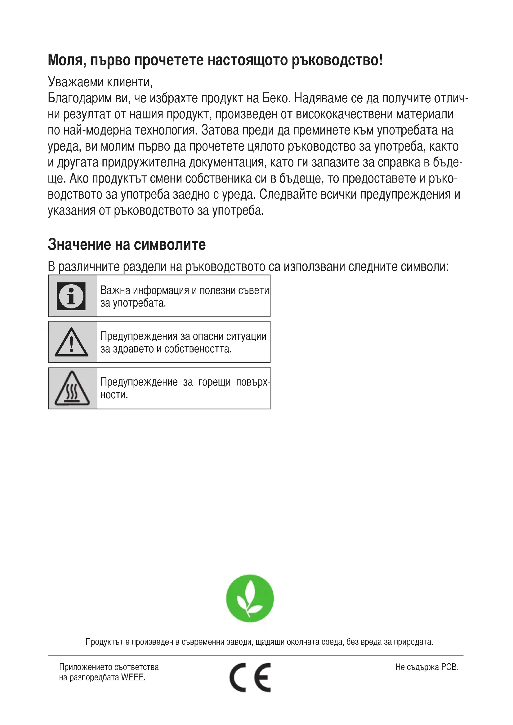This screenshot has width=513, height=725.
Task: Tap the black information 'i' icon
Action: click(x=71, y=296)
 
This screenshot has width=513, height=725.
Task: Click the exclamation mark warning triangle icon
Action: click(x=71, y=343)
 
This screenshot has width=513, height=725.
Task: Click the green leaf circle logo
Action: click(x=250, y=598)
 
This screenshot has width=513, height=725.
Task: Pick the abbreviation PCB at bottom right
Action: click(x=449, y=667)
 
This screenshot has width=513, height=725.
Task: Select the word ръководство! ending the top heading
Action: click(x=337, y=60)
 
